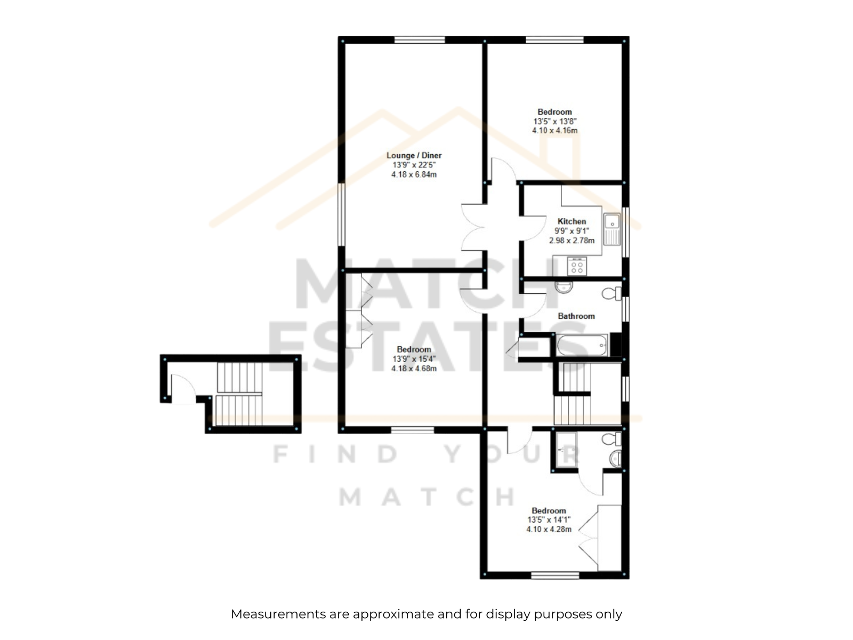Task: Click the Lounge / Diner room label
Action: click(414, 155)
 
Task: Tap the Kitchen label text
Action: click(572, 221)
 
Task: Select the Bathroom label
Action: click(576, 316)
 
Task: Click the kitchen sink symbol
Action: click(612, 229)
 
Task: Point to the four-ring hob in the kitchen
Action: click(577, 267)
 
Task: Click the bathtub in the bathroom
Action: click(582, 345)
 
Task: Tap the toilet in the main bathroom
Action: click(612, 293)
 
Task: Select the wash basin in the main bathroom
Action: click(564, 287)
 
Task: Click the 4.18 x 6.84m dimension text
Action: click(414, 175)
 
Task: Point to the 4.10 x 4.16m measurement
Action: click(554, 131)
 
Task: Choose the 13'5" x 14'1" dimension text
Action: click(549, 520)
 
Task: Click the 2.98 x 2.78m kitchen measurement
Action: click(572, 241)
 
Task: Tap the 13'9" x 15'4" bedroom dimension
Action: click(414, 358)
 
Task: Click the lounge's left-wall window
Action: click(341, 214)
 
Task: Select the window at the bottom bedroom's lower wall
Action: click(555, 575)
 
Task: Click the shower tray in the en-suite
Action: click(566, 450)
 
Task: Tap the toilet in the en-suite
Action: click(611, 439)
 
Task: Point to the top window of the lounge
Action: click(420, 39)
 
